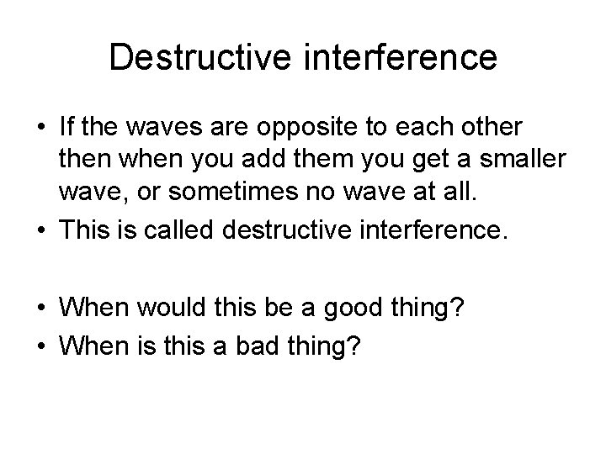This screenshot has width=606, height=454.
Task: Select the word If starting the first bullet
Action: pos(68,129)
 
